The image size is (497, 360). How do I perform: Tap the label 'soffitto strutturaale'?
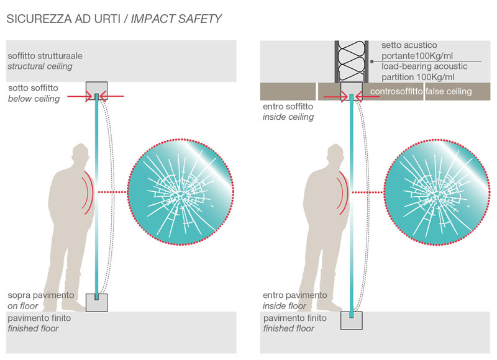tap(45, 56)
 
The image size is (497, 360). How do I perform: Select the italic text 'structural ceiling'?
tap(40, 66)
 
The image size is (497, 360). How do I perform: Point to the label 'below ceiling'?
tap(34, 99)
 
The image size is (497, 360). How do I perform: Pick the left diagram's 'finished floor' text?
tap(33, 328)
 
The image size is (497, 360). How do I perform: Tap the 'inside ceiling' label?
tap(288, 117)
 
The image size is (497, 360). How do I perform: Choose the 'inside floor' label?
tap(285, 305)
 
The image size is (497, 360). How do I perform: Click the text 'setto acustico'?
tap(409, 45)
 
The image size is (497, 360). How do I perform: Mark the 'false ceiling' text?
tap(449, 92)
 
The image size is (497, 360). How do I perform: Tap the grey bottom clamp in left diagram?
tap(96, 302)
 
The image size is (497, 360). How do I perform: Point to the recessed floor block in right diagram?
tap(352, 321)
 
